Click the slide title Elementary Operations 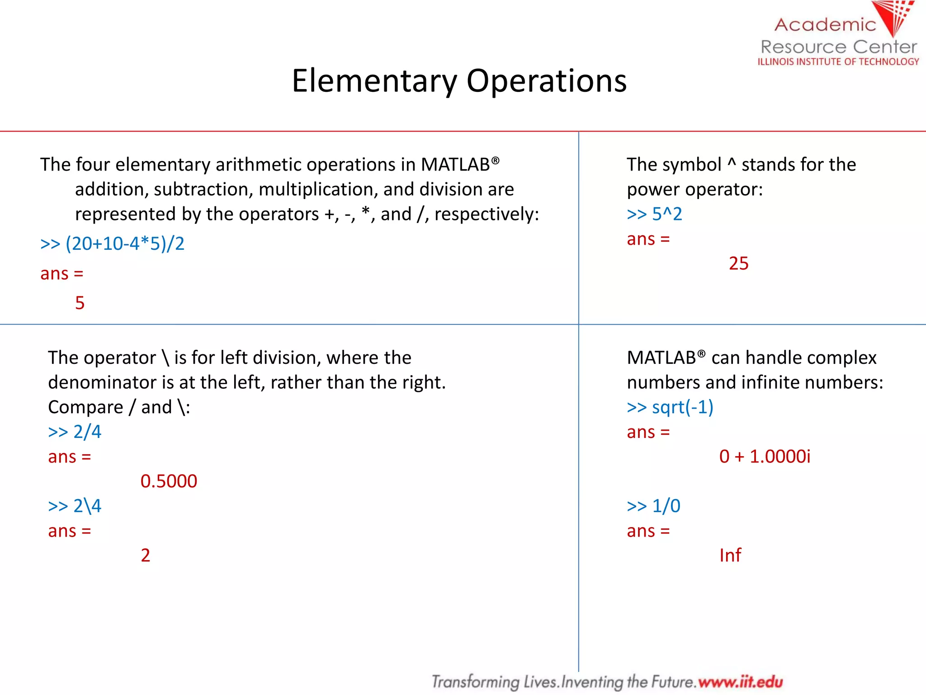tap(459, 81)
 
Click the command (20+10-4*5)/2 tap(125, 244)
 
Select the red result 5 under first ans tap(80, 303)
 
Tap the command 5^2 tap(666, 214)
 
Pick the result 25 tap(738, 263)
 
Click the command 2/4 tap(87, 432)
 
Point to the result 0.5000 tap(169, 481)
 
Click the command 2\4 tap(87, 506)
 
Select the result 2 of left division tap(145, 555)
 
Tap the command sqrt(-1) tap(682, 407)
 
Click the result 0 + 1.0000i tap(765, 457)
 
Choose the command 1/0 tap(666, 506)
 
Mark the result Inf tap(730, 555)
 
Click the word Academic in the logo tap(825, 25)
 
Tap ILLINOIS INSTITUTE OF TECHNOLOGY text tap(838, 62)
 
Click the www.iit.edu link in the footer tap(740, 681)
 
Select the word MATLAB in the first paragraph tap(455, 165)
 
